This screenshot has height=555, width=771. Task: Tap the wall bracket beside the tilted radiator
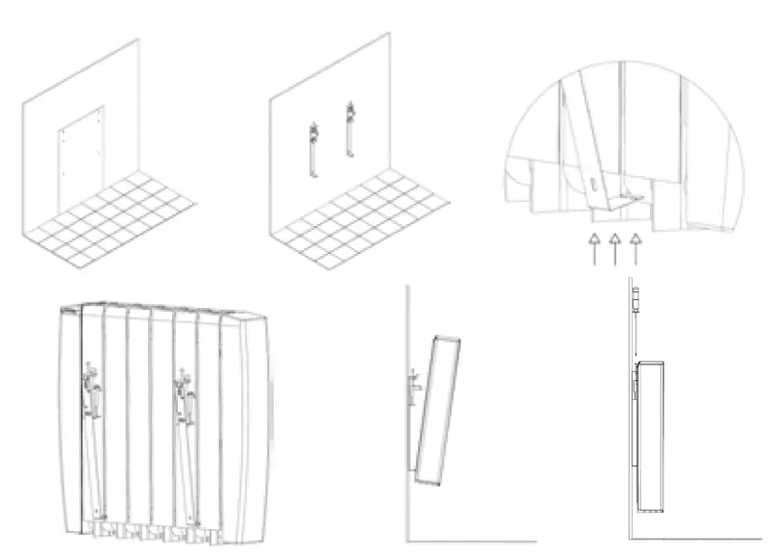(411, 390)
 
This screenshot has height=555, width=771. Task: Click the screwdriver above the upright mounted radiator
(635, 304)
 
